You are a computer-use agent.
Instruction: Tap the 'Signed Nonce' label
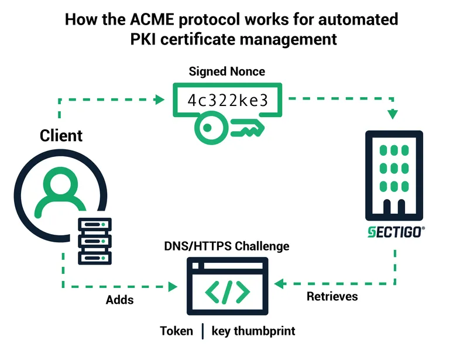(227, 71)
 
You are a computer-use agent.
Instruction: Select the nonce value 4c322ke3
(227, 100)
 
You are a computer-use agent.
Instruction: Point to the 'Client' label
(61, 136)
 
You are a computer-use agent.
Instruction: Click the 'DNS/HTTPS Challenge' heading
(227, 246)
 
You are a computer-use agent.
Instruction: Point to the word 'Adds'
(119, 300)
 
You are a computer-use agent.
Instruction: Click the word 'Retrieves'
(332, 296)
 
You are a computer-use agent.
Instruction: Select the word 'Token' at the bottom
(176, 331)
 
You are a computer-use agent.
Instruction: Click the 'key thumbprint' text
(253, 331)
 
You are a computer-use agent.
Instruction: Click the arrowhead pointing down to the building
(393, 114)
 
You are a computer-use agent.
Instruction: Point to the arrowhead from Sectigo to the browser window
(280, 284)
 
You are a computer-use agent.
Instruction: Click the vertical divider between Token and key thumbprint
(203, 331)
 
